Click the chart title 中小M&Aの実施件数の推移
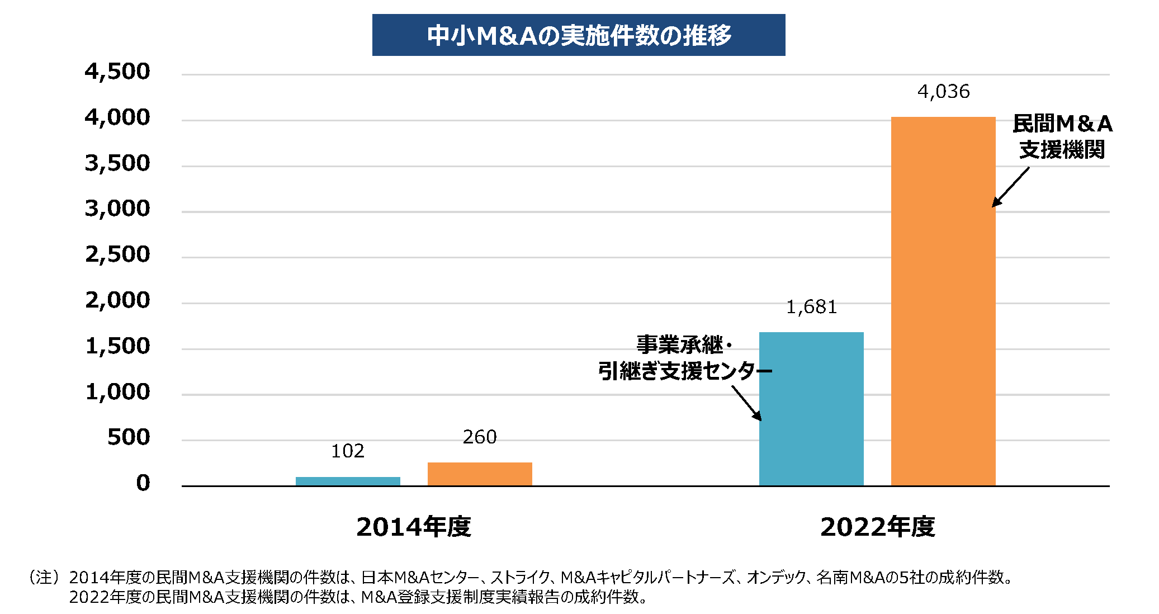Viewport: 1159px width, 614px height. [x=579, y=35]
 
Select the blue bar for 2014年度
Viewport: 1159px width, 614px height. [x=348, y=481]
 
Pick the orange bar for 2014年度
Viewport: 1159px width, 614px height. [x=480, y=474]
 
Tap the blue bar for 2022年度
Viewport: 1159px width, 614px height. [x=811, y=408]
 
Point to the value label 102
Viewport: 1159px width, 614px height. [x=348, y=451]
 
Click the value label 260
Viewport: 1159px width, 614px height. [x=480, y=437]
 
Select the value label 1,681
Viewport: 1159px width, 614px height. [x=811, y=307]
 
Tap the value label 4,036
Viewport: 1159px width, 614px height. [x=943, y=92]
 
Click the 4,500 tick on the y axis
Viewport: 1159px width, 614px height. [x=117, y=72]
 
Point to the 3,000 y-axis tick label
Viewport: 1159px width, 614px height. [x=117, y=209]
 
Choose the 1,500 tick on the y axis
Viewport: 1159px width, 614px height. [x=117, y=346]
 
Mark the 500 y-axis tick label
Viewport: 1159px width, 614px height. [x=129, y=437]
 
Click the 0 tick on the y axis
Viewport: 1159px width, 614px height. [x=143, y=483]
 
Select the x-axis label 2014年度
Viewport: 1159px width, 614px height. [x=414, y=527]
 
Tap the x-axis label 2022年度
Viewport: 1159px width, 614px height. [x=877, y=527]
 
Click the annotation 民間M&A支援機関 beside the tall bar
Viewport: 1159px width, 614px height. [x=1062, y=136]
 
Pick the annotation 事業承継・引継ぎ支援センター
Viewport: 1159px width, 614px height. [x=684, y=358]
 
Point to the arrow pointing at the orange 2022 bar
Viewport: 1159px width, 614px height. [x=1010, y=187]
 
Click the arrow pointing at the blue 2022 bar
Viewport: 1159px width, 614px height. [x=747, y=403]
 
